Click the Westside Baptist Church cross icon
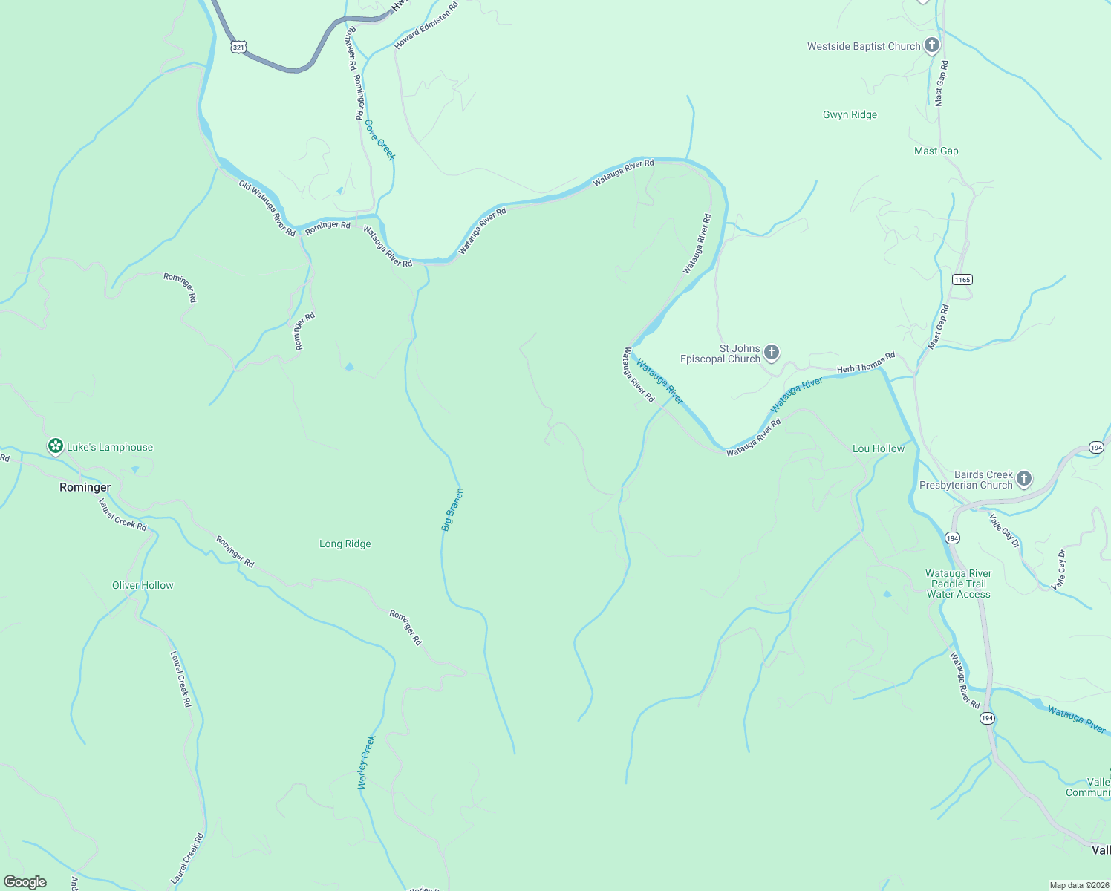[x=931, y=45]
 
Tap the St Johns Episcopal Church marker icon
[x=772, y=353]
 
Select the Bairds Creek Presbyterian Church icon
[x=1024, y=479]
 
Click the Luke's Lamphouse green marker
[x=55, y=446]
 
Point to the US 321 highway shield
[x=238, y=47]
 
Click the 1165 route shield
[x=962, y=279]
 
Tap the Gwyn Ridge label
[x=850, y=114]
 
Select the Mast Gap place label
[x=936, y=151]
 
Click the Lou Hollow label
[x=878, y=448]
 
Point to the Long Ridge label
[x=345, y=544]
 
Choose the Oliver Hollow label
[x=143, y=585]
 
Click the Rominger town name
[x=85, y=487]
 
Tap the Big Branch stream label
[x=452, y=509]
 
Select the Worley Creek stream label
[x=367, y=762]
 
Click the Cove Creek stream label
[x=380, y=140]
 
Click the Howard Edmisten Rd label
[x=426, y=25]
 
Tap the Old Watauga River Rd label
[x=267, y=208]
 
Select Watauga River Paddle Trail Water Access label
[x=958, y=584]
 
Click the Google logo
[x=25, y=882]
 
